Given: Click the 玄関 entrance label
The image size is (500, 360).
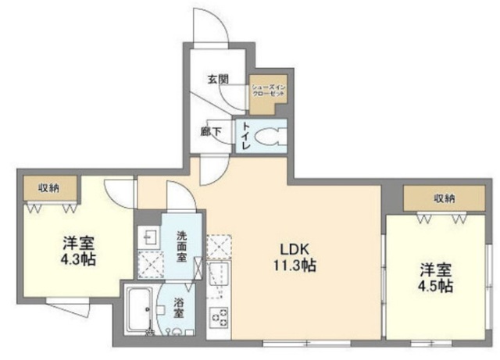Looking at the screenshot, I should click(x=218, y=78).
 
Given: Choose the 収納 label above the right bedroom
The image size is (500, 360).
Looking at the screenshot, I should click(x=445, y=198).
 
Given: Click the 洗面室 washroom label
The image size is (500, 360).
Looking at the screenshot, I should click(x=180, y=246).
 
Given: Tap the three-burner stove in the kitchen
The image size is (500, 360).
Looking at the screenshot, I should click(x=218, y=318).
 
